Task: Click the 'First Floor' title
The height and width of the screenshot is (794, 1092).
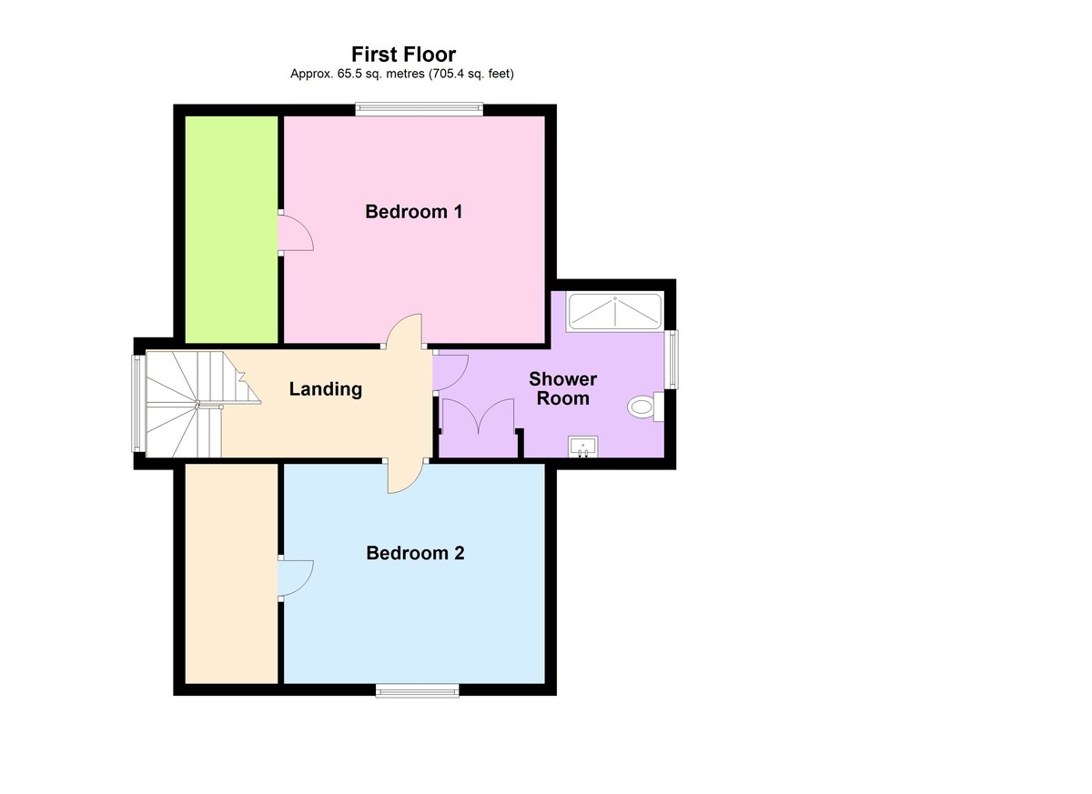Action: [x=403, y=55]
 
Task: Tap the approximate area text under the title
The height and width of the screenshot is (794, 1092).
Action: [x=401, y=74]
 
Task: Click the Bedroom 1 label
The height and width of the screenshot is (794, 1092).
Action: [x=413, y=212]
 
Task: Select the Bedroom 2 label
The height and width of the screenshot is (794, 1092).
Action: [x=415, y=553]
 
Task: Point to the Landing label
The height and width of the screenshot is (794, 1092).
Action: [x=325, y=389]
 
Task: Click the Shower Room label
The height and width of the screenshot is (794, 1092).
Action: [x=562, y=388]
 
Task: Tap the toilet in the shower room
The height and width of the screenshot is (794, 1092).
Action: [x=643, y=407]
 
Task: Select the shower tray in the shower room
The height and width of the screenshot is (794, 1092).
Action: [x=615, y=311]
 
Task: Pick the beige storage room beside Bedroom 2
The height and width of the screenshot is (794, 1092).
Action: [x=231, y=573]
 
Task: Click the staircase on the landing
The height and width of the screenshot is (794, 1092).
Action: [x=187, y=404]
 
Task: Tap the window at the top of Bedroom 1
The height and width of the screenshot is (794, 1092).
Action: [x=419, y=110]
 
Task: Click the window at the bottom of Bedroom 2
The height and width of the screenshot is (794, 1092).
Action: [x=418, y=690]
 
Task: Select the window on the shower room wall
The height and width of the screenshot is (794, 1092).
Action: [x=672, y=358]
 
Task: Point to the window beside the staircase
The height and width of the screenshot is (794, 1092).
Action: [x=136, y=403]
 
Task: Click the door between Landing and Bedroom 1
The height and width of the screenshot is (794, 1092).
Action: [x=404, y=331]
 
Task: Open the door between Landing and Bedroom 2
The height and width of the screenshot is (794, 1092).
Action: [x=405, y=477]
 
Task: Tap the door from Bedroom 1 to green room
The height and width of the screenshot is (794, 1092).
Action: [x=295, y=233]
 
